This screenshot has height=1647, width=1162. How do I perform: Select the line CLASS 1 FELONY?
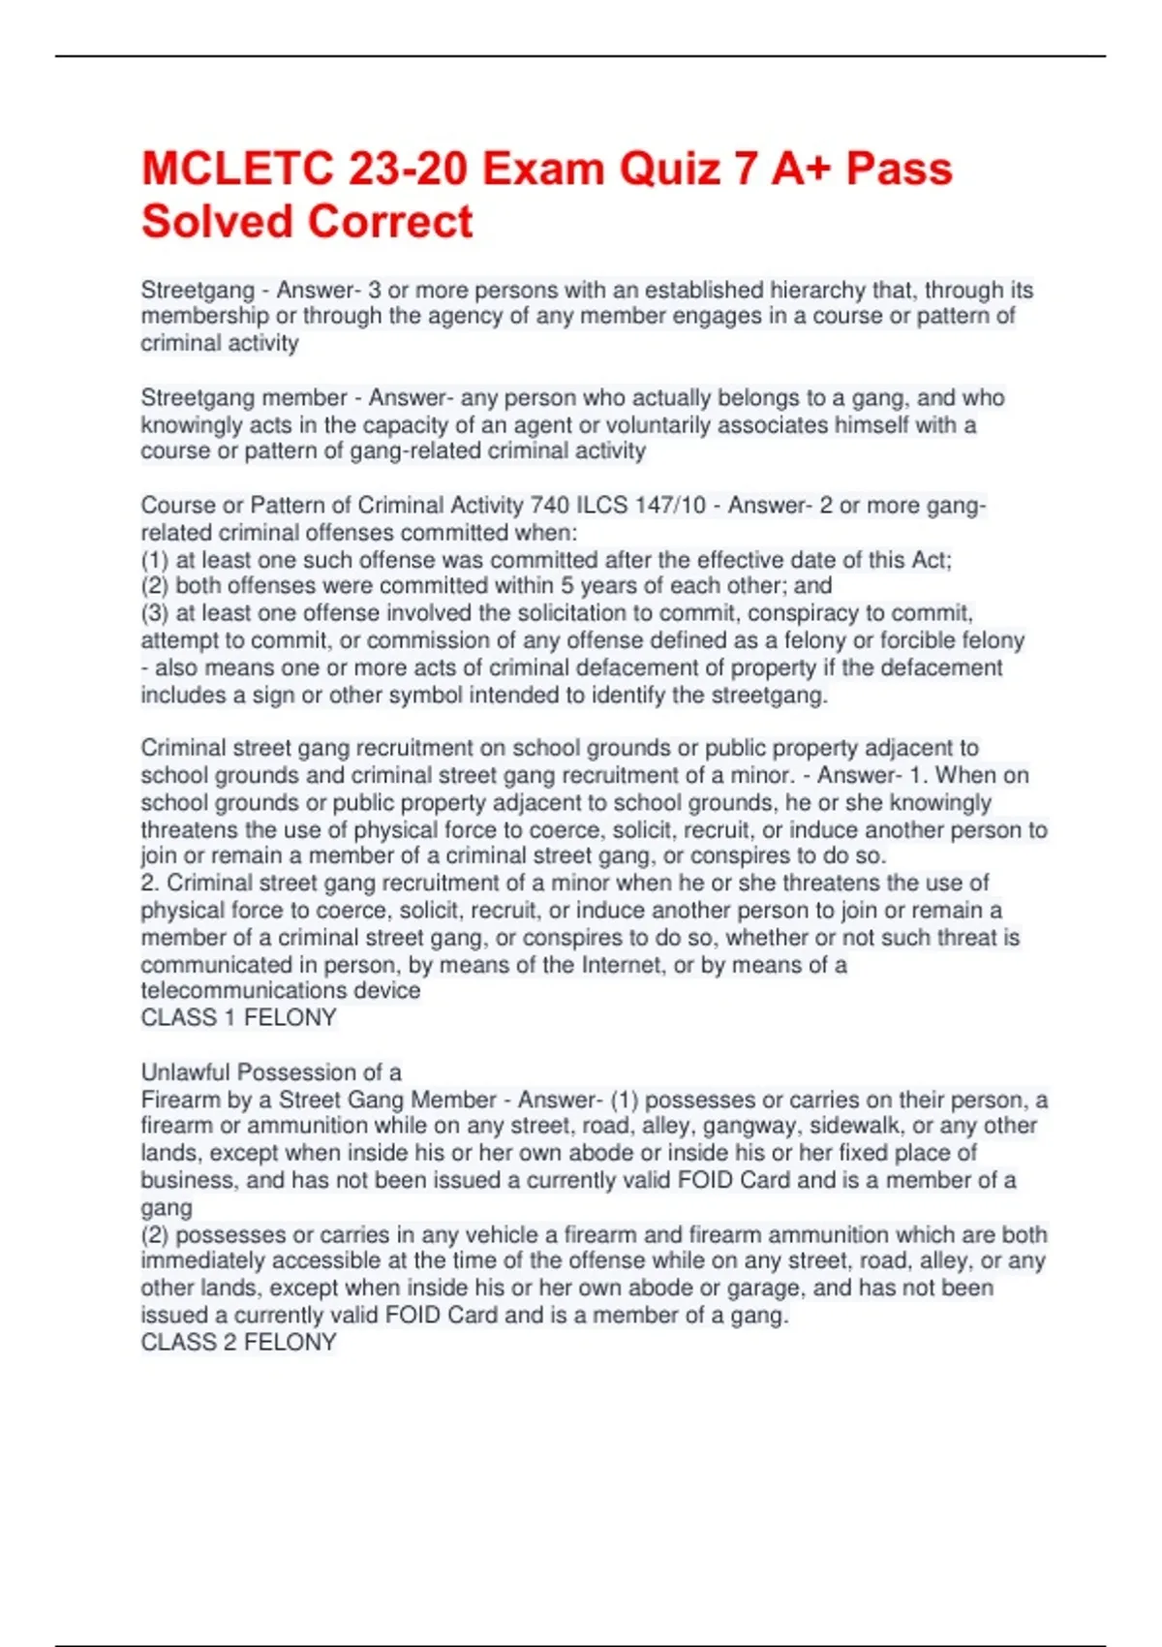click(x=238, y=1017)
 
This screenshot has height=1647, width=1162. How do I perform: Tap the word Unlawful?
click(x=186, y=1072)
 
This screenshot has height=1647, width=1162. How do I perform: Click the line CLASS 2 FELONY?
click(x=238, y=1342)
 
